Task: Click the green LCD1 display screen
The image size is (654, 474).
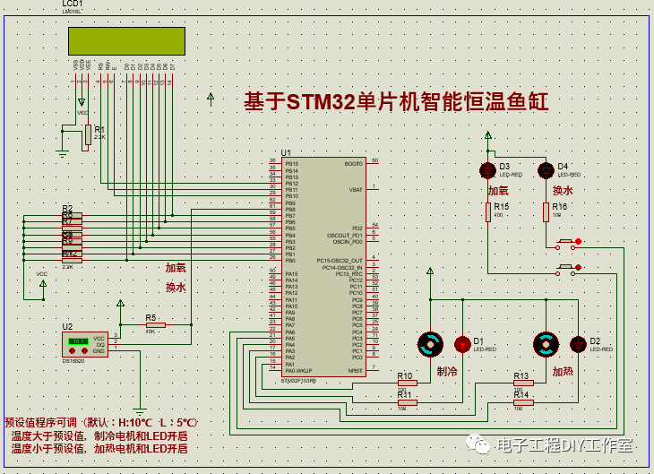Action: [x=126, y=41]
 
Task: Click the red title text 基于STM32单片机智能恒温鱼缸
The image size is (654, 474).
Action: [x=396, y=102]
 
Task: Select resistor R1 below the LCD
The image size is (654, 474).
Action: [x=88, y=134]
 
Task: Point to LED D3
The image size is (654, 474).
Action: [x=487, y=170]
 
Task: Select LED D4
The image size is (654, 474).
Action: [x=545, y=170]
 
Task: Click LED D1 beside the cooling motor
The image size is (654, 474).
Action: [x=462, y=344]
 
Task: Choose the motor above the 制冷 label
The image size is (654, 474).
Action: [x=430, y=344]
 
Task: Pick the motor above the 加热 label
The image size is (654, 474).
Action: [x=545, y=344]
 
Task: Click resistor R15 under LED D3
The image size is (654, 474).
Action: [x=488, y=211]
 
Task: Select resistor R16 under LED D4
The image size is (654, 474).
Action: [x=546, y=211]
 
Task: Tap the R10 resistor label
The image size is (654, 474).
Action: [x=404, y=375]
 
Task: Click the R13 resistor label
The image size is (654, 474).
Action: [x=521, y=375]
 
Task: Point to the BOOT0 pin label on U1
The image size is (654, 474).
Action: [x=353, y=164]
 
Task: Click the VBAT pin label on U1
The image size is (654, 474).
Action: [x=356, y=190]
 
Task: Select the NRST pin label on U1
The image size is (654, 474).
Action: [x=356, y=369]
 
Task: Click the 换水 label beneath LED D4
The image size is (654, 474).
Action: [x=563, y=191]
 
